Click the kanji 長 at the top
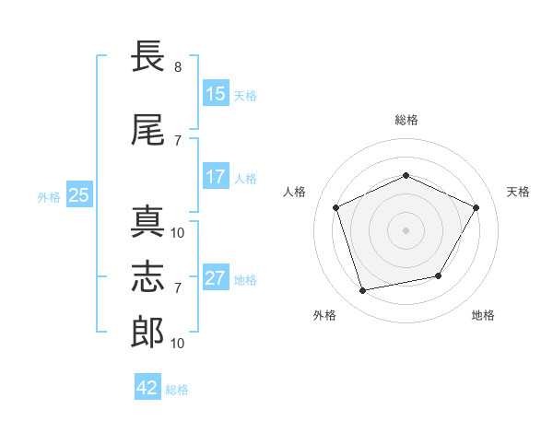click(x=147, y=55)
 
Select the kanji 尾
click(x=147, y=129)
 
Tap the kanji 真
click(x=147, y=221)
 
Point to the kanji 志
click(x=147, y=276)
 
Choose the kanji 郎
click(x=147, y=333)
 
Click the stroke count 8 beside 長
click(x=178, y=66)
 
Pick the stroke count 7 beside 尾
click(x=178, y=141)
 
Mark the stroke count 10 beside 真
click(x=177, y=233)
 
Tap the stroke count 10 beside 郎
click(x=177, y=343)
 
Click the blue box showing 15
click(x=217, y=93)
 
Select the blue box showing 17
click(x=217, y=176)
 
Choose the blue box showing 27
click(x=217, y=276)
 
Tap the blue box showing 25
click(x=79, y=194)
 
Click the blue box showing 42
click(x=147, y=386)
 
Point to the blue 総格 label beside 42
click(x=177, y=390)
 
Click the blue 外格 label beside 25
click(x=49, y=197)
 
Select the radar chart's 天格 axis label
click(x=518, y=192)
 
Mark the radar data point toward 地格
click(x=439, y=275)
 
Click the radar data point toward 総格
click(x=406, y=175)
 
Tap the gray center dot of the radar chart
click(x=406, y=230)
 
